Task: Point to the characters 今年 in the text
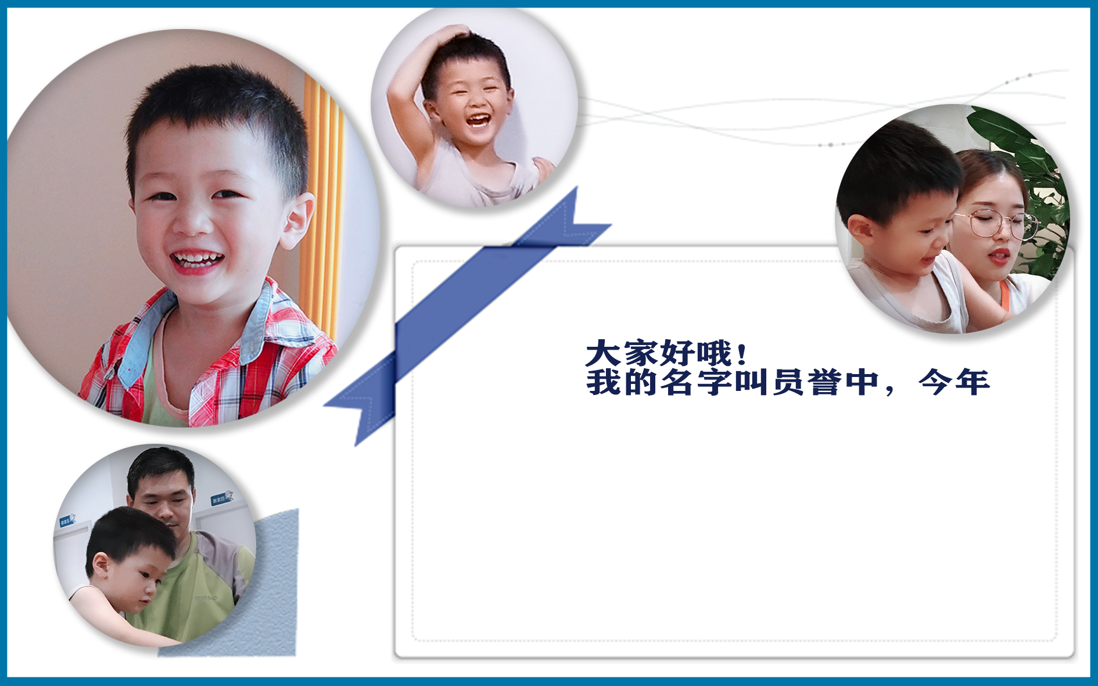[955, 382]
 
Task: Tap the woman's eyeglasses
[996, 224]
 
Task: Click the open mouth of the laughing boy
[479, 120]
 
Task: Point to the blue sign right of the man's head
[221, 498]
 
